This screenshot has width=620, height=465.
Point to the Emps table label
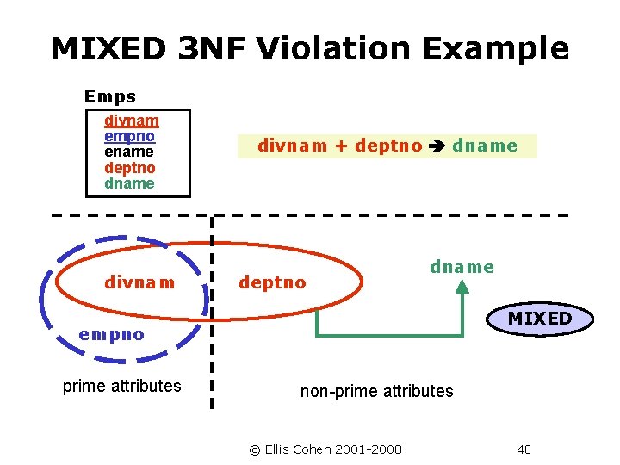tap(109, 96)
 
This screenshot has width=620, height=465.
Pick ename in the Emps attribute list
tap(129, 152)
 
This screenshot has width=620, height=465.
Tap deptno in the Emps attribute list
tap(129, 168)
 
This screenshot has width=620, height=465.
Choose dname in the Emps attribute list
tap(129, 183)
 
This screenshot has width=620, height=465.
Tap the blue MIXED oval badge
tap(540, 319)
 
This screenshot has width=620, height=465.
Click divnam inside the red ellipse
tap(139, 282)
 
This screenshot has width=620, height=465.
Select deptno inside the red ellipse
tap(272, 282)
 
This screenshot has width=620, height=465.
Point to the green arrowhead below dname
tap(462, 289)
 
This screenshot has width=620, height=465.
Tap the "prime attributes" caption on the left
tap(122, 386)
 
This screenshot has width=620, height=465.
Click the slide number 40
tap(524, 449)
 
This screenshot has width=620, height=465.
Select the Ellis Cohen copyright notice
tap(325, 449)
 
